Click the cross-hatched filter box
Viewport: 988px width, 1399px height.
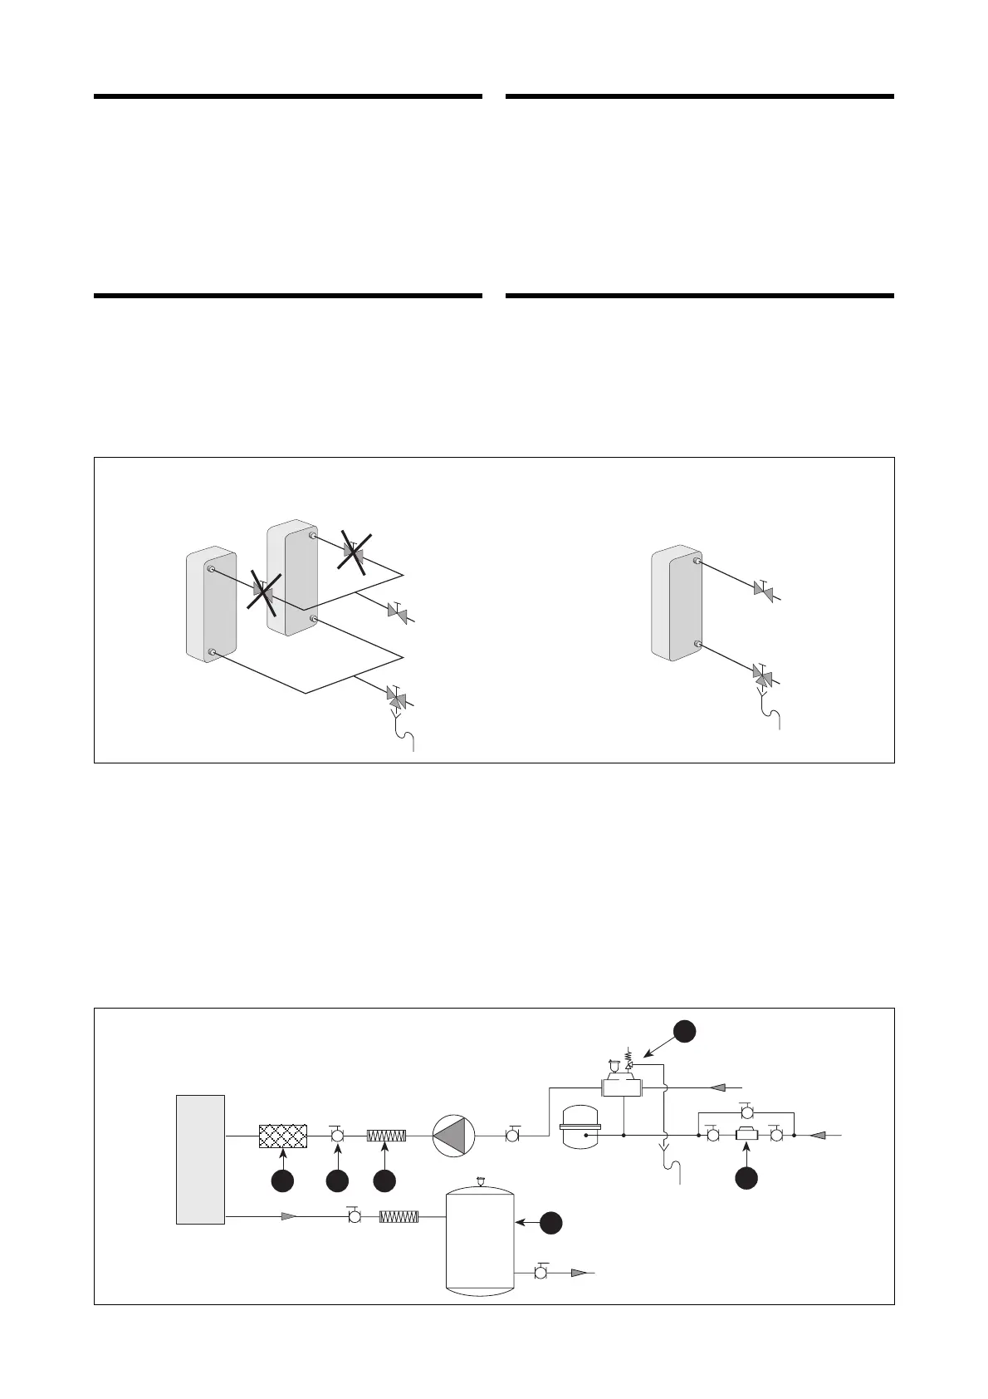[x=283, y=1136]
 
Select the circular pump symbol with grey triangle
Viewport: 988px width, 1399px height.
[x=453, y=1136]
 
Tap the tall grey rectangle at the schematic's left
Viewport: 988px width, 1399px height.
[x=200, y=1159]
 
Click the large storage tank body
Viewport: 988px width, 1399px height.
[x=480, y=1239]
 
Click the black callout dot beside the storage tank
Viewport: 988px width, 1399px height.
[x=551, y=1222]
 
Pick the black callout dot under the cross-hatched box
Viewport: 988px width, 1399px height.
[x=283, y=1181]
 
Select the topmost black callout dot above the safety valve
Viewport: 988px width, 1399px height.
[x=684, y=1030]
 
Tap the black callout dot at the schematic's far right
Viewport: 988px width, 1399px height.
[x=746, y=1177]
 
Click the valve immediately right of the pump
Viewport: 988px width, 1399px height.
[x=512, y=1135]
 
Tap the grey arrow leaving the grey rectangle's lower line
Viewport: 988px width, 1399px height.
[x=288, y=1217]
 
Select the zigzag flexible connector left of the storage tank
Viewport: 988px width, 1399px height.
[x=399, y=1217]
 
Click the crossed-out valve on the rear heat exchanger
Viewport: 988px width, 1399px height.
[x=355, y=552]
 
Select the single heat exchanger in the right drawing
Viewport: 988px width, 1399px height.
[x=677, y=603]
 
